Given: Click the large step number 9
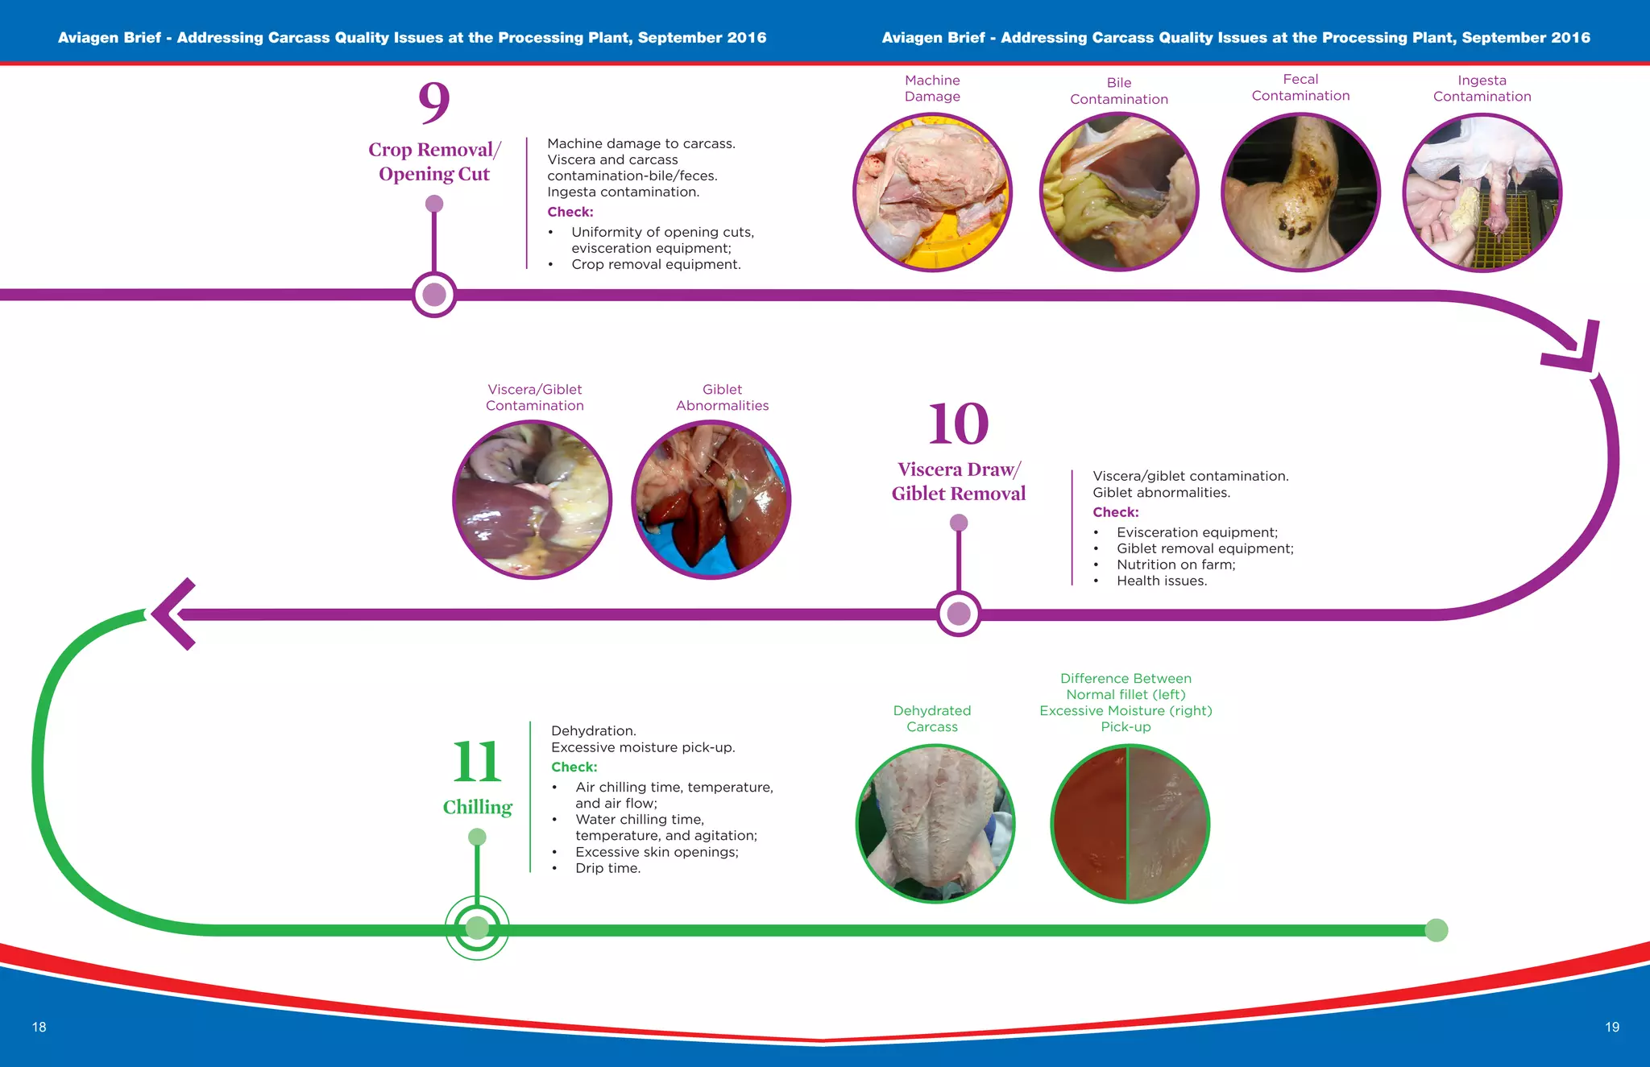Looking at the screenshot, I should pos(433,101).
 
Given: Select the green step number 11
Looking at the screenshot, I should pos(477,761).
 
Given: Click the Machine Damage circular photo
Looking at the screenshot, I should pos(932,192).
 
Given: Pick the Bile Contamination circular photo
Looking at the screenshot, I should pos(1119,192).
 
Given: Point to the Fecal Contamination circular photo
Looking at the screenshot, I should pos(1300,192).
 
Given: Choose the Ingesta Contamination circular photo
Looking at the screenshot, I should pos(1482,193).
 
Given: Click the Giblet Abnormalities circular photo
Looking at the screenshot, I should pos(711,499).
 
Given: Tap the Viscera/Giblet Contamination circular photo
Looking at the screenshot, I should pos(532,499).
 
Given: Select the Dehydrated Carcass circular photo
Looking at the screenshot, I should pos(935,823).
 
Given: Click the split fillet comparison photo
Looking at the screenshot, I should pos(1130,823).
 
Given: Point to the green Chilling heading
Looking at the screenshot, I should pos(477,807).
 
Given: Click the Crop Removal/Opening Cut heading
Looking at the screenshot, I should pos(434,162).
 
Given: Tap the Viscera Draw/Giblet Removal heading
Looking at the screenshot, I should pos(958,482).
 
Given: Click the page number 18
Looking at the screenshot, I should pos(39,1027).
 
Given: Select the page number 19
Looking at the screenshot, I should pos(1611,1027).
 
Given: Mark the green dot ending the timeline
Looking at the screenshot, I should pos(1436,930).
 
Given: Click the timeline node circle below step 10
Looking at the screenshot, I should pos(959,614).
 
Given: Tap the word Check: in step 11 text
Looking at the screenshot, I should pos(574,767).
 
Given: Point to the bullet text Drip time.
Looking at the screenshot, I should pos(607,868).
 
